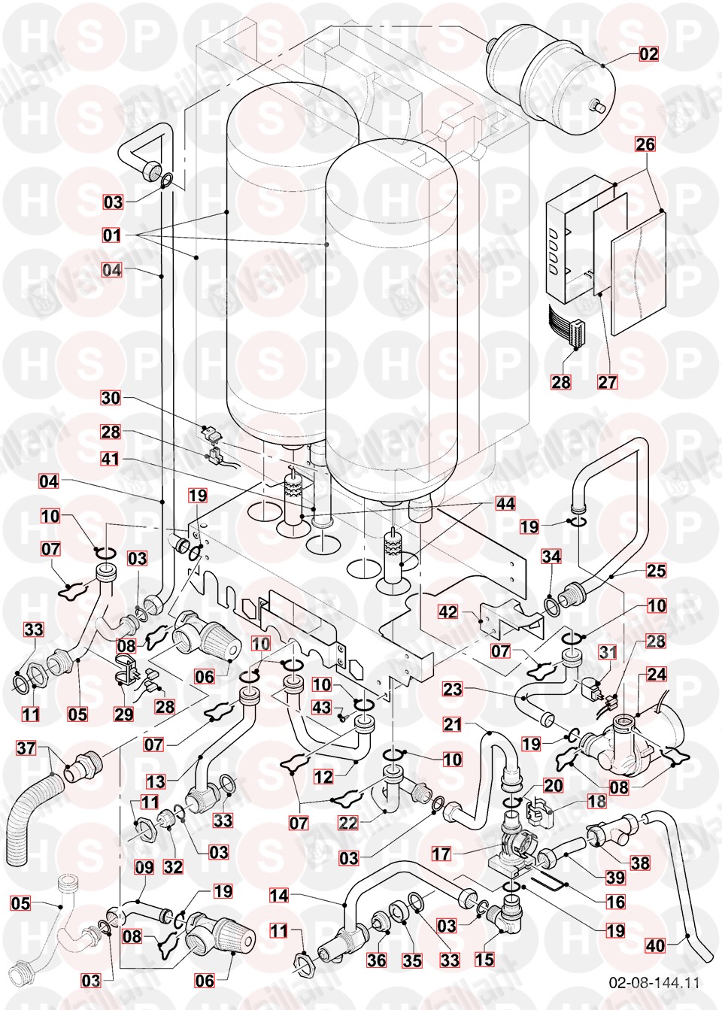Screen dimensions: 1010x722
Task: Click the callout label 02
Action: [x=648, y=53]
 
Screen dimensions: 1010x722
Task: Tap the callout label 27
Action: [x=607, y=381]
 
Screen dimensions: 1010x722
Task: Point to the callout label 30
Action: [x=111, y=398]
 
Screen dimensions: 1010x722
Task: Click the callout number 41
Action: [x=111, y=460]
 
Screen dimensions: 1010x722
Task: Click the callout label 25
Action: [x=656, y=571]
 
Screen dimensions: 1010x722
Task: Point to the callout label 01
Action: [x=111, y=235]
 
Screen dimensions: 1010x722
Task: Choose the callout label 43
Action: [x=321, y=708]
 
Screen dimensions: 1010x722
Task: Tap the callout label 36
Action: [x=378, y=960]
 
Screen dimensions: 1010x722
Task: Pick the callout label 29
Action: [x=126, y=713]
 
